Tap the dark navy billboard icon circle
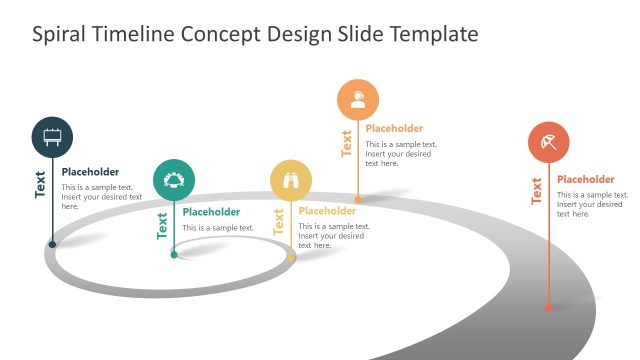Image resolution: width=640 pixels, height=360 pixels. pyautogui.click(x=52, y=136)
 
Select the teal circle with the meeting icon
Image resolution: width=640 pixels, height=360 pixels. pyautogui.click(x=174, y=179)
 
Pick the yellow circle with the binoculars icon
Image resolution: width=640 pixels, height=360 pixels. pyautogui.click(x=291, y=180)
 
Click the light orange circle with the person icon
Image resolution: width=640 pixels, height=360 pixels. pyautogui.click(x=358, y=99)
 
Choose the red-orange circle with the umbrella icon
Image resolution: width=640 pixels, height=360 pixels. pyautogui.click(x=549, y=142)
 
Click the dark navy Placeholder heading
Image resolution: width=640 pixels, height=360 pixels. pyautogui.click(x=90, y=172)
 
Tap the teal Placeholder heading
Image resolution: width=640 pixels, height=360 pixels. pyautogui.click(x=211, y=212)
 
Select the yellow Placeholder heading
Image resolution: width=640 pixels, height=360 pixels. pyautogui.click(x=327, y=211)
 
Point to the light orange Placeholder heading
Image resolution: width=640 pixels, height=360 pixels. pyautogui.click(x=394, y=128)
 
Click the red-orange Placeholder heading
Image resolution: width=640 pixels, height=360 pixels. pyautogui.click(x=585, y=179)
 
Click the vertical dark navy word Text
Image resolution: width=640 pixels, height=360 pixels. pyautogui.click(x=40, y=184)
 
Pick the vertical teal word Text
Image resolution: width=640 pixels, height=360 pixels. pyautogui.click(x=162, y=225)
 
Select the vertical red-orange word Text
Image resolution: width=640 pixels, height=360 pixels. pyautogui.click(x=537, y=191)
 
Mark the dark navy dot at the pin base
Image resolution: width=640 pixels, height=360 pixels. pyautogui.click(x=52, y=243)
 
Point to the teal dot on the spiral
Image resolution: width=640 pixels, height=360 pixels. pyautogui.click(x=174, y=255)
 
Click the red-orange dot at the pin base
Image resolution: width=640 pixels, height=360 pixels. pyautogui.click(x=549, y=309)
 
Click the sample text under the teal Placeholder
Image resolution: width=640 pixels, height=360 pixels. pyautogui.click(x=218, y=228)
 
